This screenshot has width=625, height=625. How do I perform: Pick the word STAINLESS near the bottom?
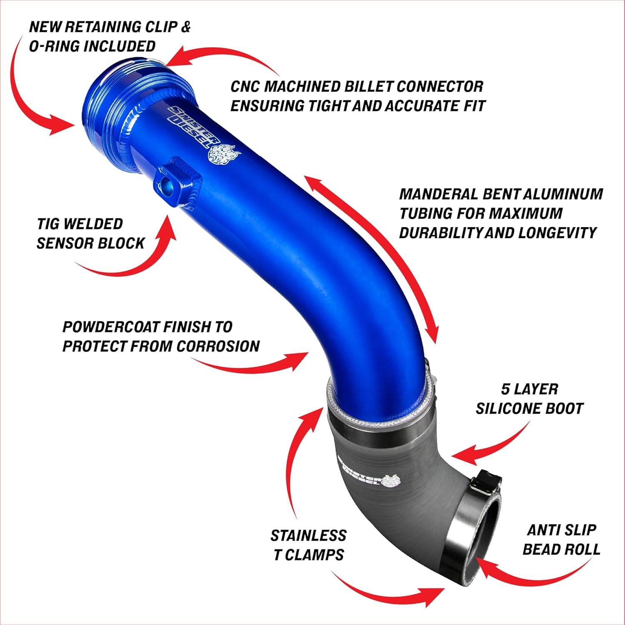pyautogui.click(x=309, y=535)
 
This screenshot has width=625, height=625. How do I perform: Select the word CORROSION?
pyautogui.click(x=218, y=346)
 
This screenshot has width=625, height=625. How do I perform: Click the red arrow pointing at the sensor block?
pyautogui.click(x=125, y=250)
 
